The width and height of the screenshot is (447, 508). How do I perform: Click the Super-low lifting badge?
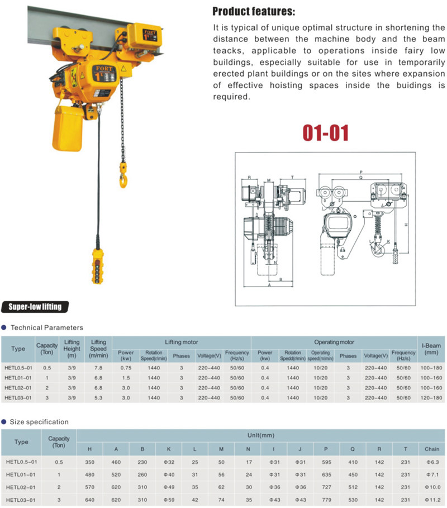(x=35, y=306)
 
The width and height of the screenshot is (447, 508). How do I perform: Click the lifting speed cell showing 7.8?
(x=98, y=368)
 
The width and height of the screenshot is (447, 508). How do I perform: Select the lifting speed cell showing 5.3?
(x=98, y=397)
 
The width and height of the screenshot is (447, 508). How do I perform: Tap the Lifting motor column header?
(x=181, y=341)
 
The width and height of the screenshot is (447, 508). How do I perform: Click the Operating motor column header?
(x=334, y=341)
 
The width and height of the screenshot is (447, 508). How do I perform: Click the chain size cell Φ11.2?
(x=432, y=499)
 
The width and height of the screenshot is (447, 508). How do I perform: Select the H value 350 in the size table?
(x=90, y=462)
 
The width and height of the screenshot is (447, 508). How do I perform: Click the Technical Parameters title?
(x=47, y=327)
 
